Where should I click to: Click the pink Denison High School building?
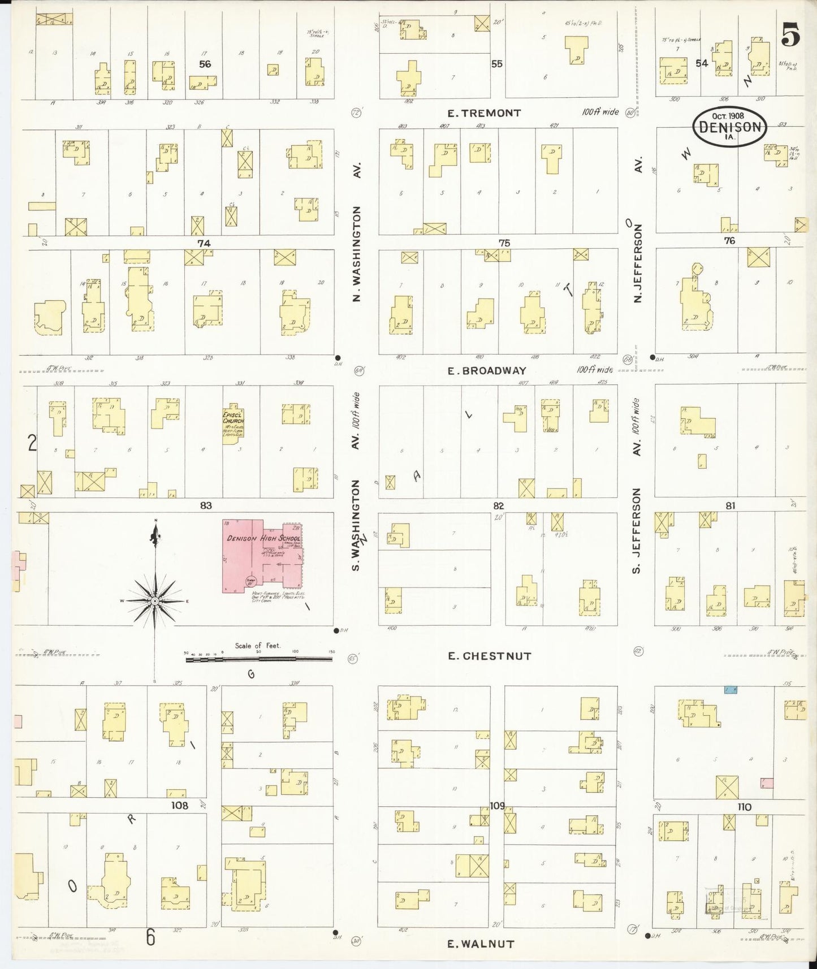pos(263,554)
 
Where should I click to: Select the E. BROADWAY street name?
pos(487,371)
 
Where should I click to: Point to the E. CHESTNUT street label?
pos(490,656)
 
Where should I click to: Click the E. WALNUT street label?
pos(481,943)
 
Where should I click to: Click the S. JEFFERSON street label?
pos(637,531)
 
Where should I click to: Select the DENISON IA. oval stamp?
pos(729,127)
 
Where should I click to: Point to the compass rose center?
pos(154,601)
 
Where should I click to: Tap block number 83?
pos(205,505)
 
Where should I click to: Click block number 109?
pos(497,805)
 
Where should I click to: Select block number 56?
pos(205,64)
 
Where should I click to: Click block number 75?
pos(504,243)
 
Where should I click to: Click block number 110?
pos(744,807)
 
